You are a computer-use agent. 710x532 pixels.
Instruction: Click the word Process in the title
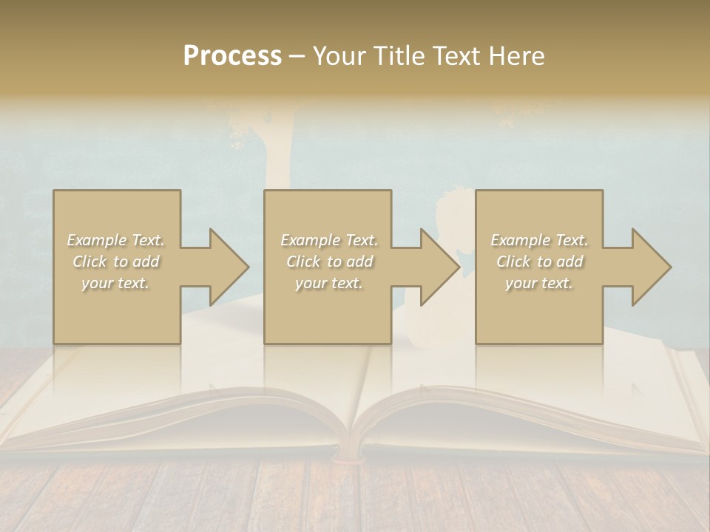[232, 56]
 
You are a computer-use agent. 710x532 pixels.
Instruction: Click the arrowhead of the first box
[229, 267]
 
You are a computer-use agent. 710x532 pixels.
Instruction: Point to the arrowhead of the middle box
[440, 267]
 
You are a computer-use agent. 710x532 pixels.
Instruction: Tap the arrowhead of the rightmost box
[652, 267]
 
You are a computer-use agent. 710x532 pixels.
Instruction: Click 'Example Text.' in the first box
[116, 240]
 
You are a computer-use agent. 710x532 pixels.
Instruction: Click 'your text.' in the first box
[116, 283]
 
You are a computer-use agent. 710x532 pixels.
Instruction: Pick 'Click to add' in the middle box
[329, 262]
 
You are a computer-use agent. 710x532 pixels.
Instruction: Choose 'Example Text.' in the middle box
[329, 240]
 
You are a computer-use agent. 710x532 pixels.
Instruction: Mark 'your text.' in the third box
[539, 283]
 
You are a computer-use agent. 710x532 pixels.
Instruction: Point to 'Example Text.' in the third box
[539, 240]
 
